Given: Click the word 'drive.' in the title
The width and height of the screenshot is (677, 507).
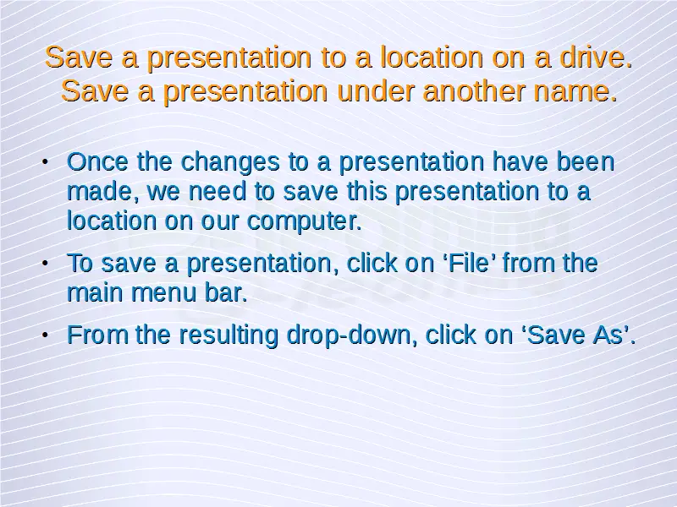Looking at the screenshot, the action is [x=596, y=57].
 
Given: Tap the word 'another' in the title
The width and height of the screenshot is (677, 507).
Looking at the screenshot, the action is [x=474, y=91].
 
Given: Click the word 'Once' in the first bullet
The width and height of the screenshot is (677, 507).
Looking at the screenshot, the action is [x=97, y=161].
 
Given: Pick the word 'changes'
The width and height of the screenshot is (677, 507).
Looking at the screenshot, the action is [x=230, y=161].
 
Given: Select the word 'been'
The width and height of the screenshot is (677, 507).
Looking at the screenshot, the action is [x=585, y=161].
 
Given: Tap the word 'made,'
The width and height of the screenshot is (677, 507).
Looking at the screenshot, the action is [x=103, y=192].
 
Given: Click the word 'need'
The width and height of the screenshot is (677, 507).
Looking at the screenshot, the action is [x=217, y=191].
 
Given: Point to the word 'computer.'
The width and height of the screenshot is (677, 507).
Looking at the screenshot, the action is [x=304, y=221].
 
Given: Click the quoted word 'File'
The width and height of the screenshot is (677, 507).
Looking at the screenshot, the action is [x=470, y=263].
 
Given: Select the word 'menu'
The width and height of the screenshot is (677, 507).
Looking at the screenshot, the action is [x=163, y=293].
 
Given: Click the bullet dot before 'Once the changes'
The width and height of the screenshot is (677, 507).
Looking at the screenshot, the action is [x=45, y=162].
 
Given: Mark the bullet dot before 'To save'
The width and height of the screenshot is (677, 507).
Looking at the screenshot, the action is [x=45, y=264].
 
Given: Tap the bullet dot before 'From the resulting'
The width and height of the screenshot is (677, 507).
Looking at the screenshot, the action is [x=45, y=335].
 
